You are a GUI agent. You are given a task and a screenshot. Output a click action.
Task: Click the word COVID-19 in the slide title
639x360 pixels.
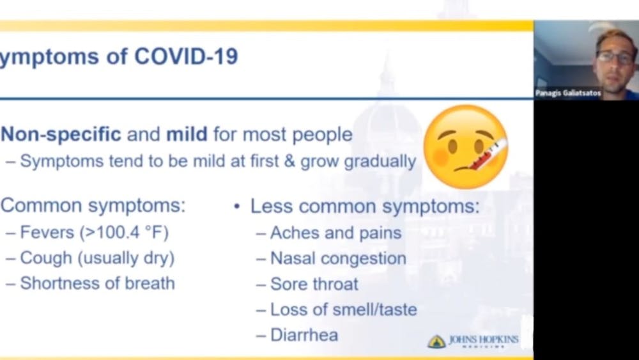tap(186, 56)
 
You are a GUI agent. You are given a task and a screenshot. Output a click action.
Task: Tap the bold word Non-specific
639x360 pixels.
tap(61, 134)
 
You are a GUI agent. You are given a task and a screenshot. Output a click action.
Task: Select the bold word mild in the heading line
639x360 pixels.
tap(187, 134)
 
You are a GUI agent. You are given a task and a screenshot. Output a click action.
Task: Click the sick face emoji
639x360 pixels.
tap(465, 147)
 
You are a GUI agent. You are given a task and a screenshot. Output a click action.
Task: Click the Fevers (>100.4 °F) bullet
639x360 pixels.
tap(94, 232)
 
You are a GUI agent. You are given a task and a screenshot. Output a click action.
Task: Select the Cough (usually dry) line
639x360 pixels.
tap(96, 258)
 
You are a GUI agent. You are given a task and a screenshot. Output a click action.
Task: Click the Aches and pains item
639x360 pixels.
tap(335, 233)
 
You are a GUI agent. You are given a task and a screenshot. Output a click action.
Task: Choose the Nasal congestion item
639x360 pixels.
tap(338, 258)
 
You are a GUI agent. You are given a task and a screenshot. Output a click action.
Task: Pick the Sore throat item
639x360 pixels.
tap(314, 284)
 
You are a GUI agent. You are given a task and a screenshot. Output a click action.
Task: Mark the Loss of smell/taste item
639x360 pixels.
tap(343, 309)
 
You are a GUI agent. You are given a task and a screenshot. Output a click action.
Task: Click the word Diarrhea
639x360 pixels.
tap(304, 335)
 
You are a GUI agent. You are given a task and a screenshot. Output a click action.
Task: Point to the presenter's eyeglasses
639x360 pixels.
tap(614, 56)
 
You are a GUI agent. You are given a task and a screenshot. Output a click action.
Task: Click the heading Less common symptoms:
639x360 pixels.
tap(365, 206)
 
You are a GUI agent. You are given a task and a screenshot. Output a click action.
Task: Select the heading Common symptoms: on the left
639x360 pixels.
tap(93, 206)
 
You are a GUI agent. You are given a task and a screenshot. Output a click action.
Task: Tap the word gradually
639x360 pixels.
tap(380, 160)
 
